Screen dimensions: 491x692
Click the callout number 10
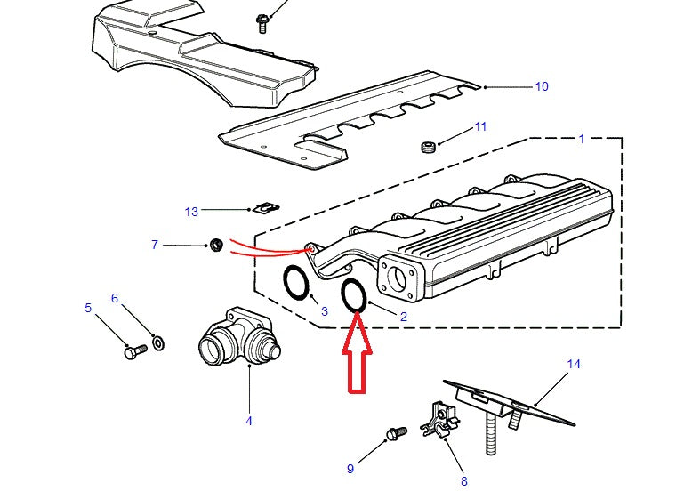click(x=542, y=86)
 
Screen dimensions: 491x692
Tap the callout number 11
click(x=480, y=127)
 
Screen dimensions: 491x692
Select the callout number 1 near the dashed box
click(x=582, y=139)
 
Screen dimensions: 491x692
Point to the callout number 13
click(x=191, y=212)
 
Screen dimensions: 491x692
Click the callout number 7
click(x=155, y=244)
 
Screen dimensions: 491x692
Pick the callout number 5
click(x=88, y=309)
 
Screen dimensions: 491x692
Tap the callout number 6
click(x=115, y=298)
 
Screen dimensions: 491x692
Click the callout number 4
click(x=249, y=421)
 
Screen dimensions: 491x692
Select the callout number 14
click(x=574, y=364)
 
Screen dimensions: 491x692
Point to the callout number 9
click(x=350, y=468)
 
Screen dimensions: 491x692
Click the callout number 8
click(x=463, y=481)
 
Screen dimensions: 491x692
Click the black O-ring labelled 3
click(x=297, y=284)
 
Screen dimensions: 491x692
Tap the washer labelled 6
click(x=157, y=342)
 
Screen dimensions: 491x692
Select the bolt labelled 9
click(x=394, y=434)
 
